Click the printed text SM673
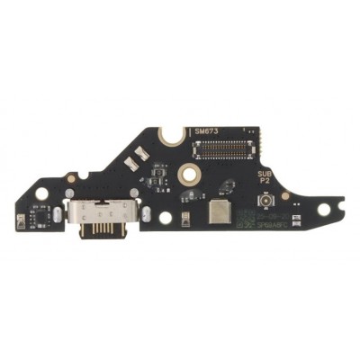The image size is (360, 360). [x=206, y=131]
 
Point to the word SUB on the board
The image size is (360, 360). [x=263, y=174]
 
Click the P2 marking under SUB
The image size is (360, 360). [x=264, y=183]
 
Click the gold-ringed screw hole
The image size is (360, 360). [x=190, y=172]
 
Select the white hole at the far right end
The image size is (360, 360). [x=323, y=209]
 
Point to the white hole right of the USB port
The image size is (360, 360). [x=165, y=217]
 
